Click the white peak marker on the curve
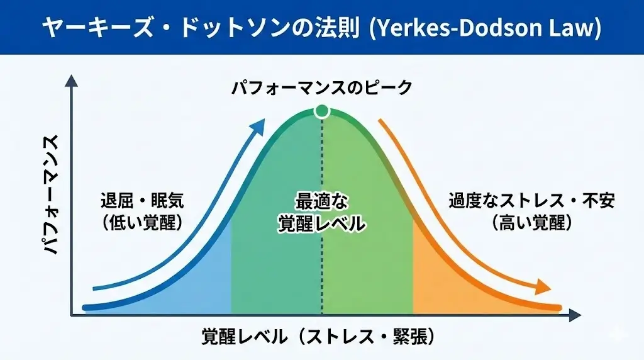(322, 111)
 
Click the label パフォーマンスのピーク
(321, 87)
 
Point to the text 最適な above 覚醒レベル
(322, 202)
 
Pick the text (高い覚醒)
(531, 222)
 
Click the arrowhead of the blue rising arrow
(256, 127)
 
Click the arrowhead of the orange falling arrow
(542, 289)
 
